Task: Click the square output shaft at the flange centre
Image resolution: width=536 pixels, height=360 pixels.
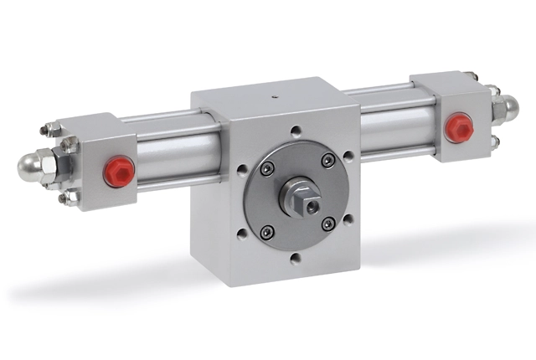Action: (x=307, y=200)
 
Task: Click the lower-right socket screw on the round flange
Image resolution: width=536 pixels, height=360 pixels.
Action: (x=327, y=223)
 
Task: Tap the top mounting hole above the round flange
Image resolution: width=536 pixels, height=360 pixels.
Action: (x=295, y=131)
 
